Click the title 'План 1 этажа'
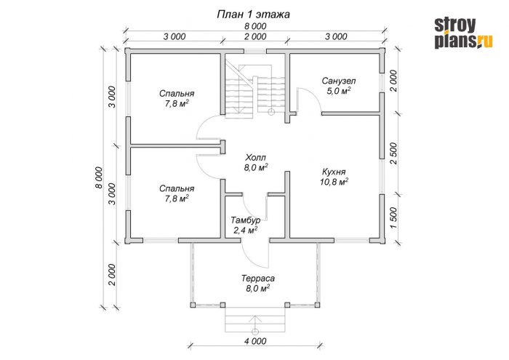click(x=253, y=15)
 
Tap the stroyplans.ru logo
click(x=464, y=33)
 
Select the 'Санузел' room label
click(x=339, y=81)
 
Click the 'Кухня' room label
click(x=334, y=172)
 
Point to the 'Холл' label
click(x=255, y=158)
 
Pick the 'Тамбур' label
click(x=246, y=220)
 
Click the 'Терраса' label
click(x=258, y=279)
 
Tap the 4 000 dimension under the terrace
click(x=255, y=341)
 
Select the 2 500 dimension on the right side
click(x=393, y=153)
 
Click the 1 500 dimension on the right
click(x=393, y=218)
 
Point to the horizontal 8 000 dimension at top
click(x=255, y=26)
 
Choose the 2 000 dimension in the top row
click(x=255, y=36)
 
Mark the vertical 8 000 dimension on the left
click(x=99, y=177)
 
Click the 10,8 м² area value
click(x=334, y=182)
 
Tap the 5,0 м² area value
click(x=339, y=91)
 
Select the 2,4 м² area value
click(x=246, y=231)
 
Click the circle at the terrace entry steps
click(x=255, y=332)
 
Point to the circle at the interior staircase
click(x=271, y=112)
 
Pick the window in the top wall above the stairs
click(x=255, y=51)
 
